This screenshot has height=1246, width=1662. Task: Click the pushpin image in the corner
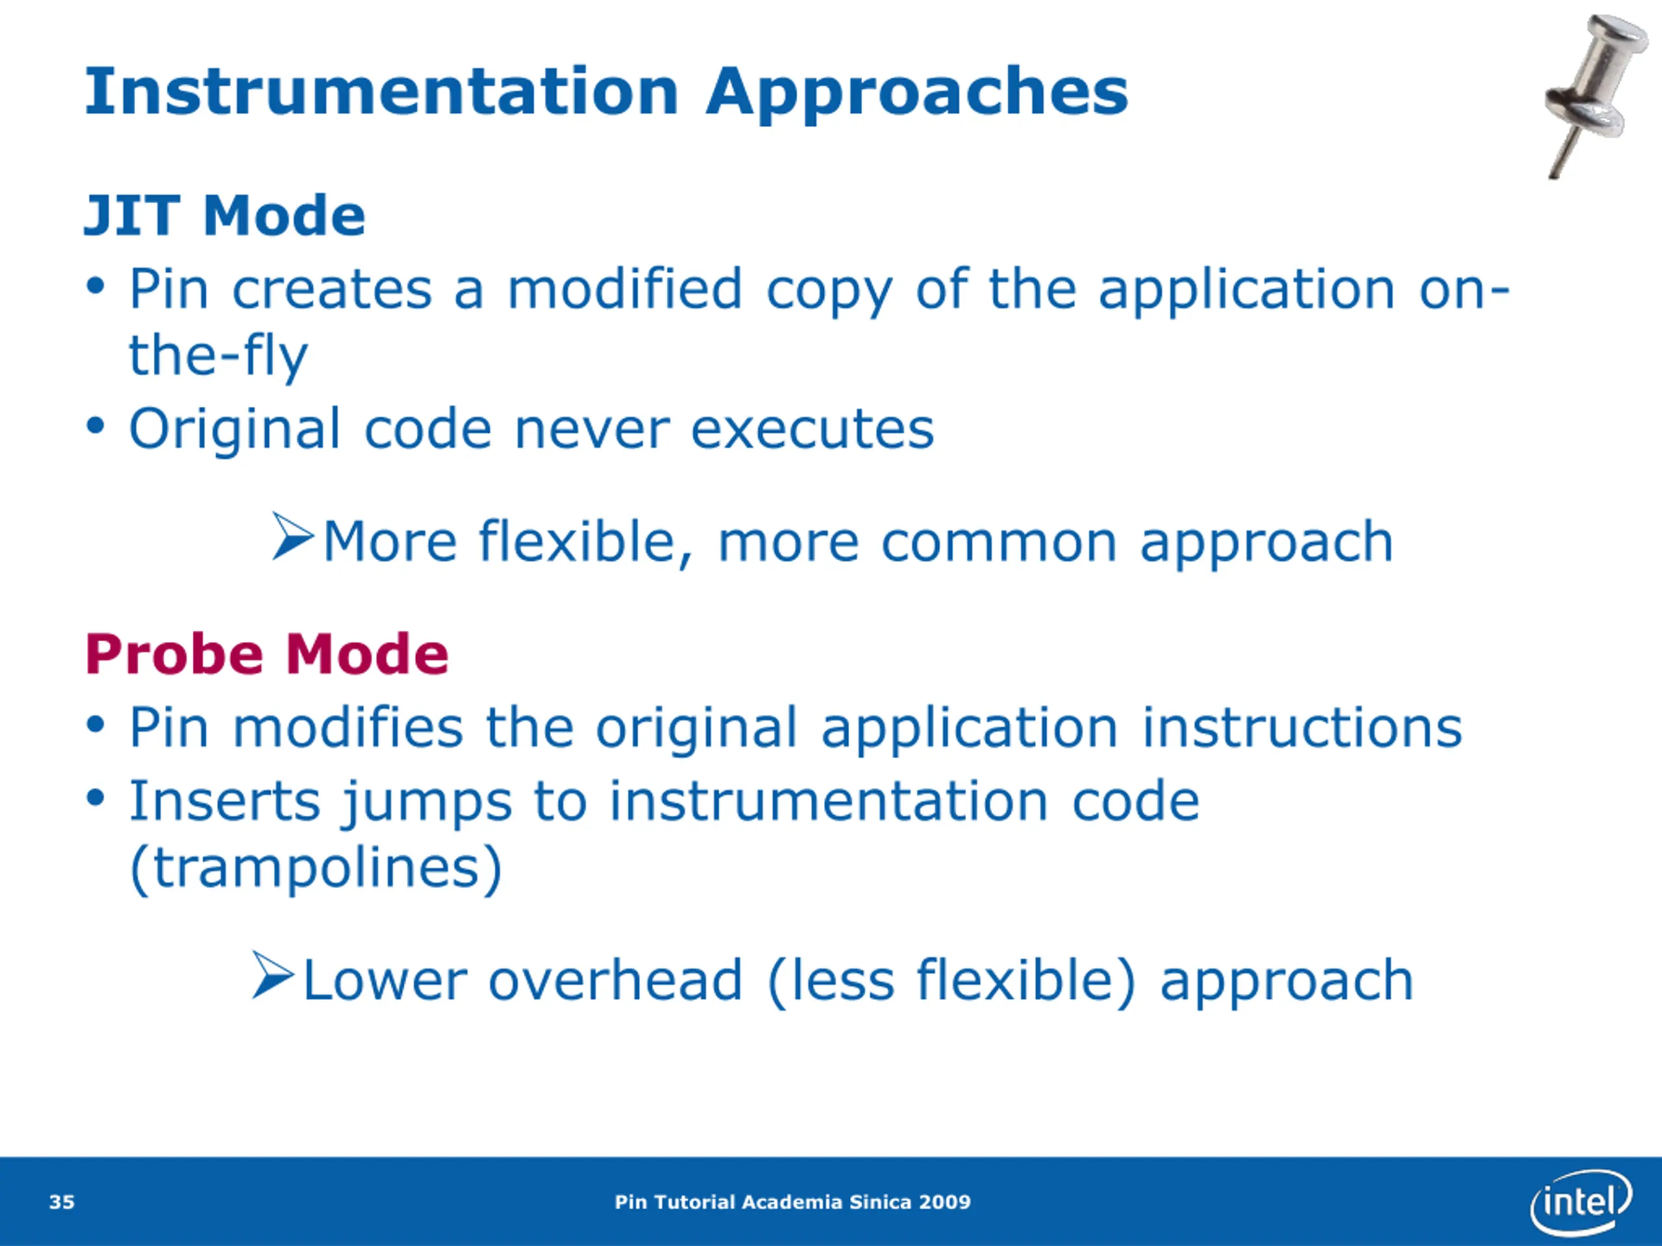[1594, 94]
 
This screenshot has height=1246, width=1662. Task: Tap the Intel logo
[1580, 1203]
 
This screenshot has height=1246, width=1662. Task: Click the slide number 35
[62, 1203]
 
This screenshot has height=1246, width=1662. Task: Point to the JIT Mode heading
[225, 215]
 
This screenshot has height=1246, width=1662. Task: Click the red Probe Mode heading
[267, 654]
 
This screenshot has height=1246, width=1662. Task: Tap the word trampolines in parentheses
[316, 868]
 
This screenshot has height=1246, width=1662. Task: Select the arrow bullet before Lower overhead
[273, 975]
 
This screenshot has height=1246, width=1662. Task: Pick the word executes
[812, 431]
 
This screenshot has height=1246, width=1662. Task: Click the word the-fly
[219, 357]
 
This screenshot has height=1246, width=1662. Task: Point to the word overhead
[615, 981]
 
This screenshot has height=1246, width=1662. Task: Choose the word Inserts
[225, 801]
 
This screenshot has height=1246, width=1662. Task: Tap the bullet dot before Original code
[95, 426]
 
